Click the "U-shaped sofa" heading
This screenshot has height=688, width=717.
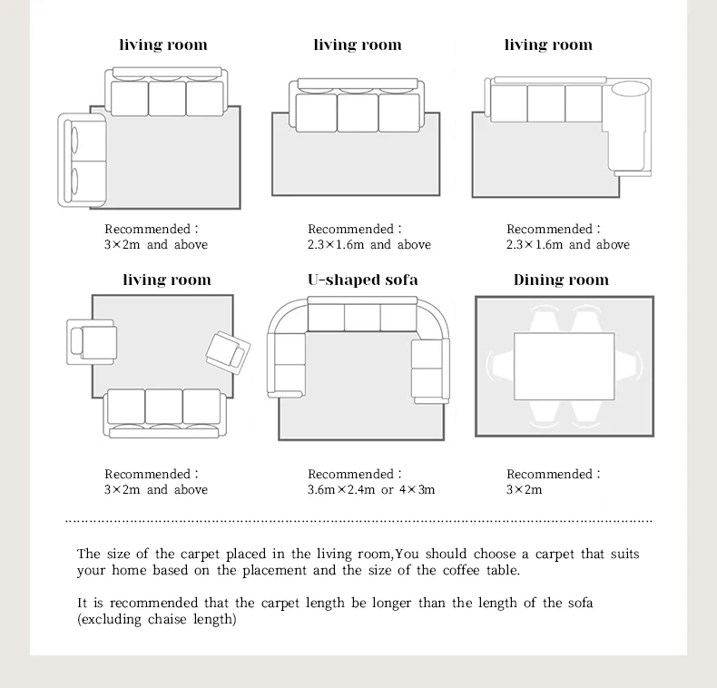(x=362, y=280)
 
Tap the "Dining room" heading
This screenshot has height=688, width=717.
(x=561, y=280)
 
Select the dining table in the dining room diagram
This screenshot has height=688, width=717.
(x=564, y=366)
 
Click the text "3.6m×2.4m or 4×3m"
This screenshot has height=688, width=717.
(x=370, y=489)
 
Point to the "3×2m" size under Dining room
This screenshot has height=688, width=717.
(x=524, y=489)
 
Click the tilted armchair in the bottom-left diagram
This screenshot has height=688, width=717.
(x=227, y=351)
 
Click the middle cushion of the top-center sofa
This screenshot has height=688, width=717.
(x=357, y=113)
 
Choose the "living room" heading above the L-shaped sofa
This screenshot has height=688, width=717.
(x=548, y=44)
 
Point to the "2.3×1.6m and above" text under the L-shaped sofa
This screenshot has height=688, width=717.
(x=567, y=244)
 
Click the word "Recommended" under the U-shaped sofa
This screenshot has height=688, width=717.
(x=350, y=474)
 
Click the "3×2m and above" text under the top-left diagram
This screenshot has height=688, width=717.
(x=155, y=244)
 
